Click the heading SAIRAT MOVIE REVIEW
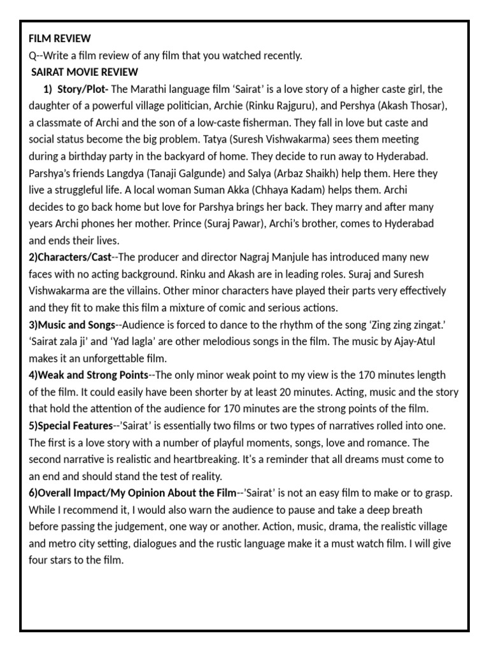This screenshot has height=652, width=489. pyautogui.click(x=84, y=72)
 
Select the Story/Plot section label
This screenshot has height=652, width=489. pyautogui.click(x=83, y=89)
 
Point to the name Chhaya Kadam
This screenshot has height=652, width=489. pyautogui.click(x=280, y=190)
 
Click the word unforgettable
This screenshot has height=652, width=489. pyautogui.click(x=110, y=358)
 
